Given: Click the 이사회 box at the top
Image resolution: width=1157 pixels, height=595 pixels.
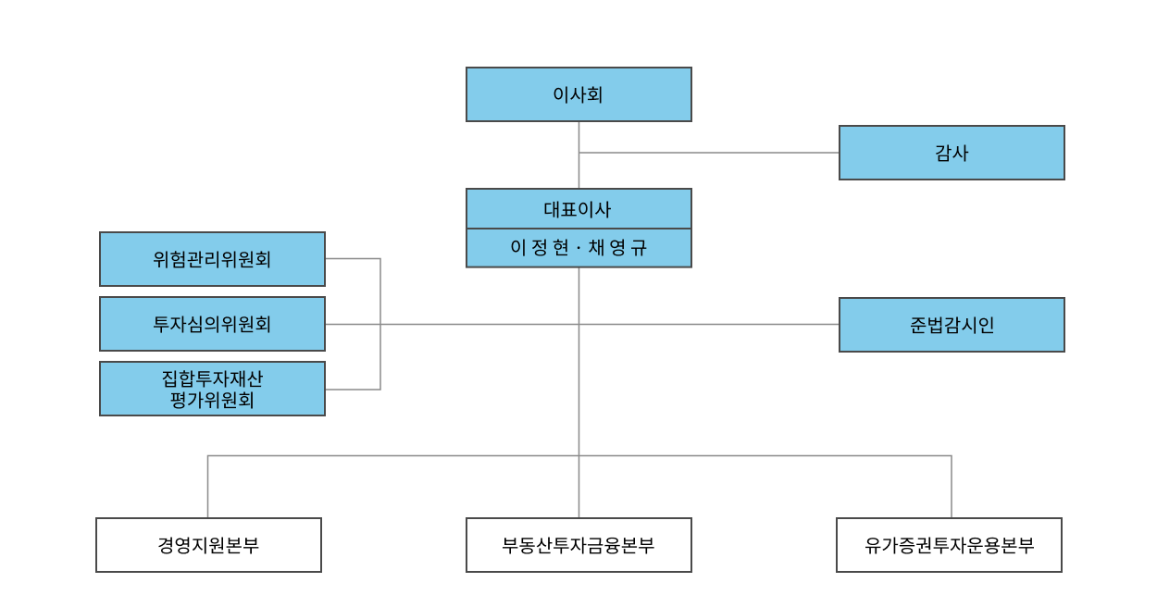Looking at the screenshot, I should point(578,94).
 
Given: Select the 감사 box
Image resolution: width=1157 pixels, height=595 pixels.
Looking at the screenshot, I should point(952,153).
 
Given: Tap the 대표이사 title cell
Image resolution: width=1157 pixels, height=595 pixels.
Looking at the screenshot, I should point(578,209).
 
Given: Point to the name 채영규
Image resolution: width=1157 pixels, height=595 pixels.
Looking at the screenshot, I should point(617,248).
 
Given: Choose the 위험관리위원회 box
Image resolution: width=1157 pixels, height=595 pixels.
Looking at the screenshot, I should point(212,259).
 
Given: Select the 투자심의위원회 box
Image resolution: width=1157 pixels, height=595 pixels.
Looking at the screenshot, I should point(212,324).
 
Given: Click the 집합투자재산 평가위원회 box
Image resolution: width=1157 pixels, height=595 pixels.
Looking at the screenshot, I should point(212,389).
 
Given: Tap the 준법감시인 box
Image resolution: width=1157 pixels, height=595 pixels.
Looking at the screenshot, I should point(952,325).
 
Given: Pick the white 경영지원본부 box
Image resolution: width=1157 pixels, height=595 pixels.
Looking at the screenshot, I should point(208,545).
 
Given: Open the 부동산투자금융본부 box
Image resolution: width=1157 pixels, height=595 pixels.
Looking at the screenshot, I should point(578,545).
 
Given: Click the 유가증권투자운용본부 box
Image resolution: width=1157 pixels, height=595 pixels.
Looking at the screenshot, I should point(949,545).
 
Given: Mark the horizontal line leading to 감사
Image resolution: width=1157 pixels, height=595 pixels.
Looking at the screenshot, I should point(709,153).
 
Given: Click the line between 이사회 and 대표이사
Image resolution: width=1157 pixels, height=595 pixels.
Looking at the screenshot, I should point(579,139).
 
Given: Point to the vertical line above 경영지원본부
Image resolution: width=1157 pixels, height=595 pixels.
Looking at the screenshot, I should point(207,487).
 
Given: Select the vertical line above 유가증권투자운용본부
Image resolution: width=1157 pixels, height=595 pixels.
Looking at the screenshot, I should point(952,487).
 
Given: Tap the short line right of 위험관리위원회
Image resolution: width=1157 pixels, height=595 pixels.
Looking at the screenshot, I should point(352,259).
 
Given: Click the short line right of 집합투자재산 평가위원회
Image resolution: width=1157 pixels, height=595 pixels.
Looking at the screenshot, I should point(352,390).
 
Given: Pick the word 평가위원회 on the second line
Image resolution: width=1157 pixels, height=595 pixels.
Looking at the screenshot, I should point(212,401).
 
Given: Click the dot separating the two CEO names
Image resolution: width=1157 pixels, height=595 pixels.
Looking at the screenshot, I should point(578,249).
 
